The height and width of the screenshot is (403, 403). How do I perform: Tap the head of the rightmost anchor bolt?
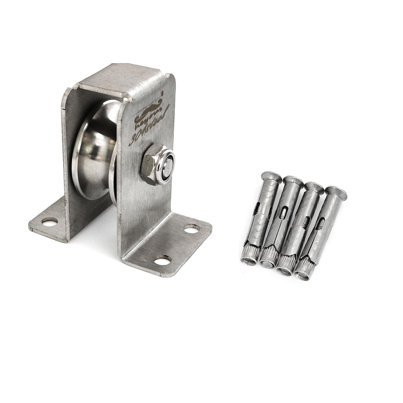pyautogui.click(x=336, y=191)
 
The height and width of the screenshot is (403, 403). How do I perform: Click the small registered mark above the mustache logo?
pyautogui.click(x=162, y=93)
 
